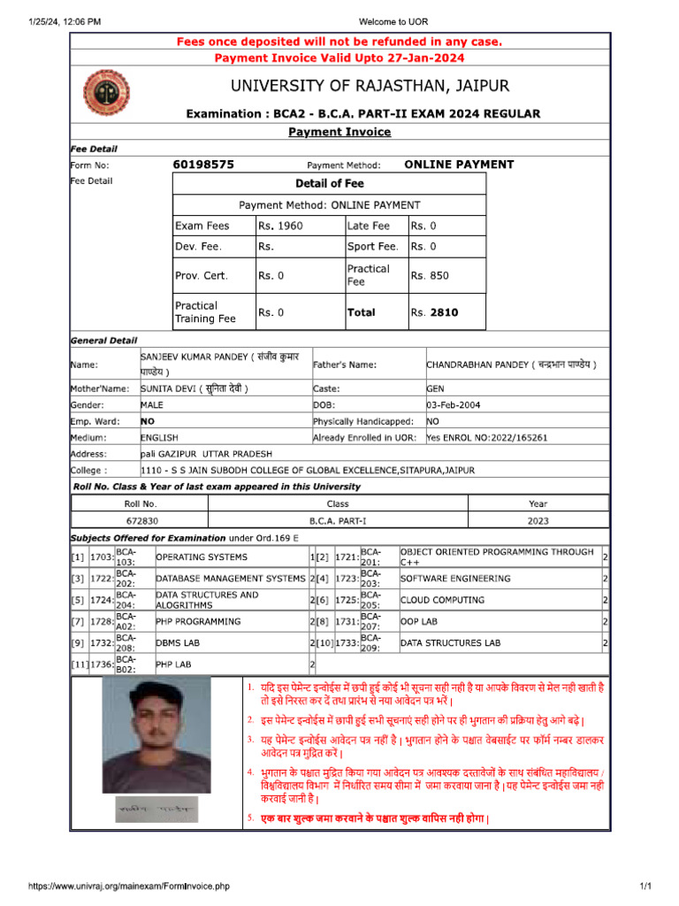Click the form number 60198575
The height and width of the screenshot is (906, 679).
pyautogui.click(x=203, y=165)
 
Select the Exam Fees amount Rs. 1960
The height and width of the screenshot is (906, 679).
pyautogui.click(x=280, y=226)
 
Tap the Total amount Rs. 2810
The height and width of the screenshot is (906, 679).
pyautogui.click(x=435, y=312)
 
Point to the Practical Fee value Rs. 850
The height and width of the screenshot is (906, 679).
pyautogui.click(x=430, y=275)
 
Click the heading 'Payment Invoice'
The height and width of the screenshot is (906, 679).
pyautogui.click(x=339, y=132)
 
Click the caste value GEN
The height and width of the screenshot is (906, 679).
pyautogui.click(x=436, y=388)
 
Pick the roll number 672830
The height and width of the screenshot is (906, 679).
pyautogui.click(x=141, y=522)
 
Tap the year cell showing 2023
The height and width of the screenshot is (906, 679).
pyautogui.click(x=538, y=522)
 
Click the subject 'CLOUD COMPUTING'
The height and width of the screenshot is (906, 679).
pyautogui.click(x=442, y=600)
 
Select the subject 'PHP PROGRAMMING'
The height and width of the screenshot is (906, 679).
pyautogui.click(x=198, y=622)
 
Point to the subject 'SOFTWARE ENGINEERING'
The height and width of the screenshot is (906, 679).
pyautogui.click(x=455, y=579)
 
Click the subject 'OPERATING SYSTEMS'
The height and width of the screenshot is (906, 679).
pyautogui.click(x=202, y=557)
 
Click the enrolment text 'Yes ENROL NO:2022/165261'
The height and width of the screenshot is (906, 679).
pyautogui.click(x=487, y=438)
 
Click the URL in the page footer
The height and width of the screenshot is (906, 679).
pyautogui.click(x=129, y=886)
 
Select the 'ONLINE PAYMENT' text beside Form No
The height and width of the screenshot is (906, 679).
pyautogui.click(x=459, y=165)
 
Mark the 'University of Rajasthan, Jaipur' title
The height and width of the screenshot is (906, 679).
pyautogui.click(x=370, y=86)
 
